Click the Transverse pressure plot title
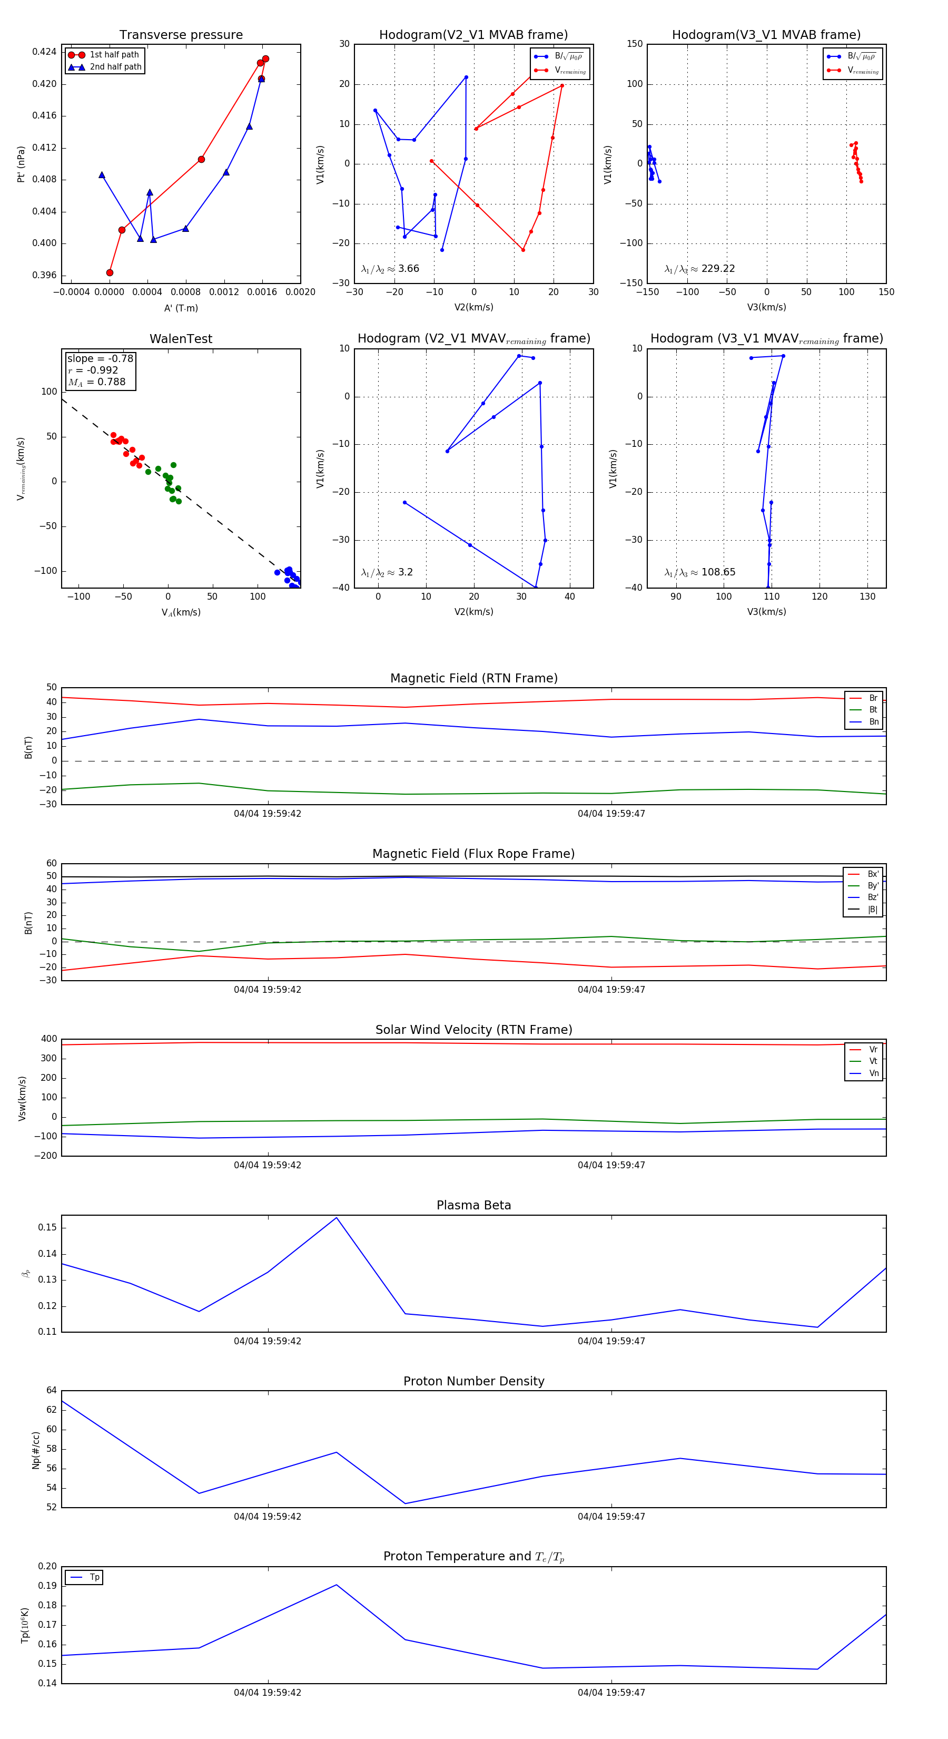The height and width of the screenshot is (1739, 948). tap(181, 35)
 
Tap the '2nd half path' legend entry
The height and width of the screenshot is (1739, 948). tap(115, 67)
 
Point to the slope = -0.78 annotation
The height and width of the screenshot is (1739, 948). tap(100, 358)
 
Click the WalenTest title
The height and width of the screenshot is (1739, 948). tap(181, 339)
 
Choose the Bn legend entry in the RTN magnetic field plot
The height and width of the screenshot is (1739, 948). tap(873, 721)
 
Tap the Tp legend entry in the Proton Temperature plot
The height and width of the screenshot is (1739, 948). tap(94, 1577)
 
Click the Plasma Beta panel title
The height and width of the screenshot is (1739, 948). tap(473, 1205)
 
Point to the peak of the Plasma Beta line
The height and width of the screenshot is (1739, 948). tap(337, 1217)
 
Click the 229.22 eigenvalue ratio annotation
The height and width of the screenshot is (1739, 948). tap(718, 269)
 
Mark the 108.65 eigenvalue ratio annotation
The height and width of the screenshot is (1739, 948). tap(718, 572)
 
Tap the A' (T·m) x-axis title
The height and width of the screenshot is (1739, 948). tap(181, 308)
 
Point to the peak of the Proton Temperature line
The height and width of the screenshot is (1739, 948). tap(337, 1585)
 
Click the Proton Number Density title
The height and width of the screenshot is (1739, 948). tap(473, 1381)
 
